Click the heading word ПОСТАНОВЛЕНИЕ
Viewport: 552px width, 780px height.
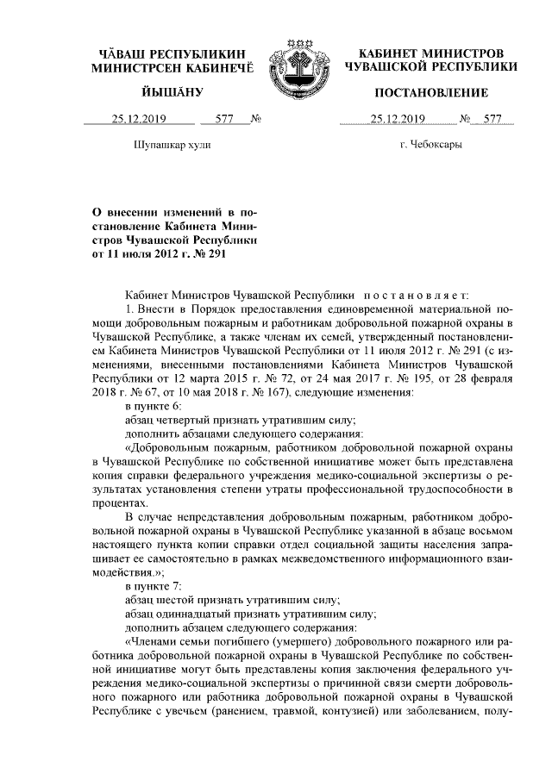click(x=431, y=92)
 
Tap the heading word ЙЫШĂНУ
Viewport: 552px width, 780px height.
click(x=172, y=92)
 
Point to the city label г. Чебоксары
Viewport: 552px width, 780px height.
click(x=430, y=145)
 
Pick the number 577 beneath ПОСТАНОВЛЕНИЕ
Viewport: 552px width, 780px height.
click(x=492, y=120)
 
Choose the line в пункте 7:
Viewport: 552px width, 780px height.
click(x=154, y=586)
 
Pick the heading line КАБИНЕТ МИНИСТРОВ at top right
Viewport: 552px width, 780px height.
click(x=431, y=53)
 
